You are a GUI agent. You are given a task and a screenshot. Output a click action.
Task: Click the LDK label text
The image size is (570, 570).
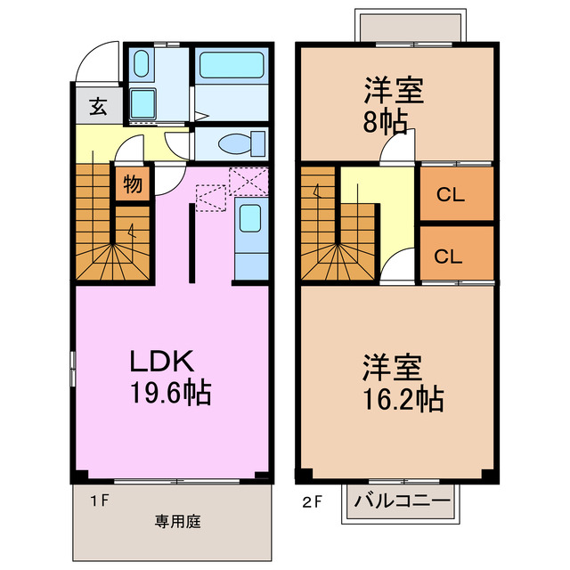point(161,361)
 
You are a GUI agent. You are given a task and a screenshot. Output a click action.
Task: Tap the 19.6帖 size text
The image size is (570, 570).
point(170,392)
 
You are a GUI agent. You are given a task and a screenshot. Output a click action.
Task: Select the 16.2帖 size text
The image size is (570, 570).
point(403,399)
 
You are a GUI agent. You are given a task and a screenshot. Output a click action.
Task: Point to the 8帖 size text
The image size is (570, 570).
point(386,122)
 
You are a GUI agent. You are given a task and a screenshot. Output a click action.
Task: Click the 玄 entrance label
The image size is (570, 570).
point(98,107)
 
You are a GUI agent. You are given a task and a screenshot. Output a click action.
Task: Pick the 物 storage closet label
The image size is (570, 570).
point(133,184)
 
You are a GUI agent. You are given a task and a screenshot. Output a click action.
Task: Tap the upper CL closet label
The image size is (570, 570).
point(451,195)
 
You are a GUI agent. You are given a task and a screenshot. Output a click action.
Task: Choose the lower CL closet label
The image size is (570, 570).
point(448,256)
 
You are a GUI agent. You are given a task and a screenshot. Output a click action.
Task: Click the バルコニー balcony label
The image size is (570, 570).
point(403,501)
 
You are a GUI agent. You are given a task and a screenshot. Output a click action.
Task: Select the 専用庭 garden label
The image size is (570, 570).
point(178,522)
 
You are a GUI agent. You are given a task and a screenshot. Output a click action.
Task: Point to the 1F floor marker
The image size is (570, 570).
point(100,501)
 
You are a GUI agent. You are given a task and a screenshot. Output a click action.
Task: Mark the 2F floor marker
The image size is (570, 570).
point(313,502)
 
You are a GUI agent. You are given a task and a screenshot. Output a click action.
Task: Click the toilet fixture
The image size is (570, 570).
point(241,143)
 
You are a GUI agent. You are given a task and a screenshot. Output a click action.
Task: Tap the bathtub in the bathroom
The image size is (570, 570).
point(232,65)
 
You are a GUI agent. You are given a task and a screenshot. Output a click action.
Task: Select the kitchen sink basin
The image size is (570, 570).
point(250,218)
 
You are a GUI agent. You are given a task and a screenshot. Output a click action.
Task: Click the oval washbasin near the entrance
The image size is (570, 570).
point(141,63)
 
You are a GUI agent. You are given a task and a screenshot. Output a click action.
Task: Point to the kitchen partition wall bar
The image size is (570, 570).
point(192,243)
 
